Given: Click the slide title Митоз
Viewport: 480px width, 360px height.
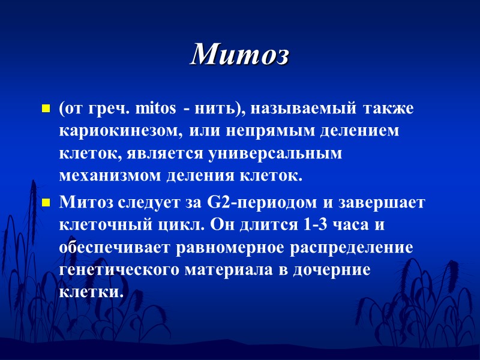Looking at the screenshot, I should pyautogui.click(x=240, y=56).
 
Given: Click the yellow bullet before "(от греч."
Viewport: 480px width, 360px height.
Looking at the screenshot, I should pyautogui.click(x=44, y=110).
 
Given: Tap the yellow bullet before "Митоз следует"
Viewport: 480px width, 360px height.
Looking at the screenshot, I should pyautogui.click(x=44, y=203).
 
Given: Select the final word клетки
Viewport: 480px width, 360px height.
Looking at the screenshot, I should pyautogui.click(x=91, y=292).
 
